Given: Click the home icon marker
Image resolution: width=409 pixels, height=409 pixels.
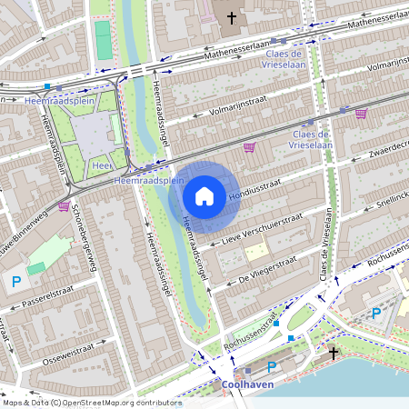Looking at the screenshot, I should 204,195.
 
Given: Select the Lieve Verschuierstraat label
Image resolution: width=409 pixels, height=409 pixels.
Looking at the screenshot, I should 264,230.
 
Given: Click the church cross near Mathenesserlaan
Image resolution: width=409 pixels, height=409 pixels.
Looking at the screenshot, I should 231,16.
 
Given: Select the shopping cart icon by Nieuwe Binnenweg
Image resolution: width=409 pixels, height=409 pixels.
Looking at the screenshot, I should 64,205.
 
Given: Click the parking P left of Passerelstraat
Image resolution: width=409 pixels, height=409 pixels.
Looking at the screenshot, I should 15,283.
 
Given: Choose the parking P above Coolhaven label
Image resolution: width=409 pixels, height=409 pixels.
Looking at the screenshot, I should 272,367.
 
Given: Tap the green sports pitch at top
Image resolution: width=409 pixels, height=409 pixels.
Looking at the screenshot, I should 104,41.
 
